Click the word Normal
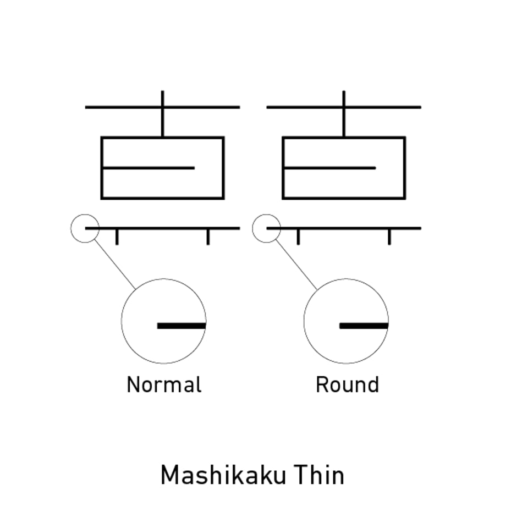tap(164, 384)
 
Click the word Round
tap(347, 384)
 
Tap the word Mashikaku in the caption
tap(223, 475)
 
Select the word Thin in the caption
tap(319, 475)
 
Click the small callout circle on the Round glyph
tap(252, 228)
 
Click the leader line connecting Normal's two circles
tap(114, 264)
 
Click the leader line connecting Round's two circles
tap(296, 264)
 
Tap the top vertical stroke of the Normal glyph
tap(163, 114)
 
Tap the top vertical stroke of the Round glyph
tap(344, 114)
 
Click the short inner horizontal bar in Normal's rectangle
tap(148, 168)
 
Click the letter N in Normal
tap(134, 384)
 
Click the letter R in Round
tap(322, 384)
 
